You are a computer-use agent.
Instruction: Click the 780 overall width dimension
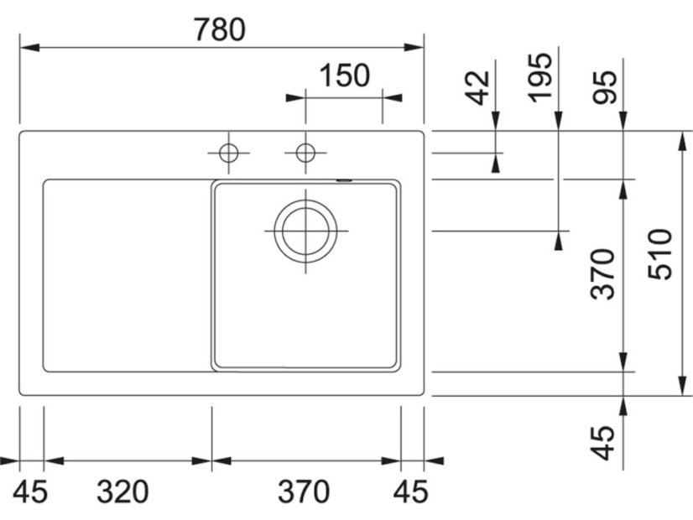[220, 29]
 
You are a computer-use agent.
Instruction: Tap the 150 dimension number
[344, 75]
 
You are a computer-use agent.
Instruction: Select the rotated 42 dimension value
[479, 88]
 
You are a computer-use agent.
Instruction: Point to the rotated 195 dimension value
[541, 78]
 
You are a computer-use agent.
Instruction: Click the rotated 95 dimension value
[605, 87]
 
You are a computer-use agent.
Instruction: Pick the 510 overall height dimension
[659, 254]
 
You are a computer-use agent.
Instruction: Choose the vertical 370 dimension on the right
[603, 274]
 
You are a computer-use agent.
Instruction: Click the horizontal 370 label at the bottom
[304, 491]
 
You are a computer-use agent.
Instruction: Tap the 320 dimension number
[122, 491]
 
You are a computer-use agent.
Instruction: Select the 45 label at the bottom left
[29, 491]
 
